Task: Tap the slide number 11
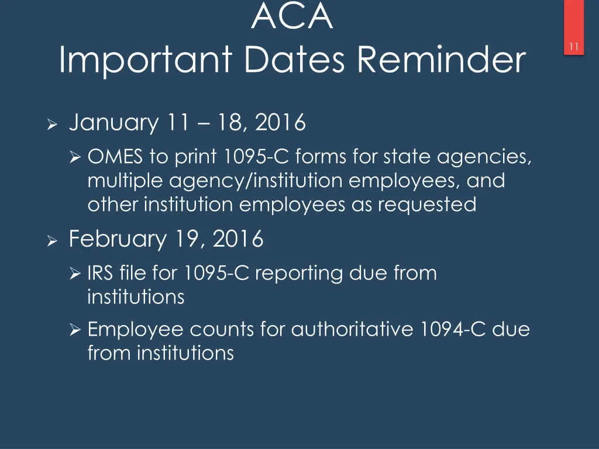574,48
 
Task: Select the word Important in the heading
146,60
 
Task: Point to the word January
113,123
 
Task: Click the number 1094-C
453,330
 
